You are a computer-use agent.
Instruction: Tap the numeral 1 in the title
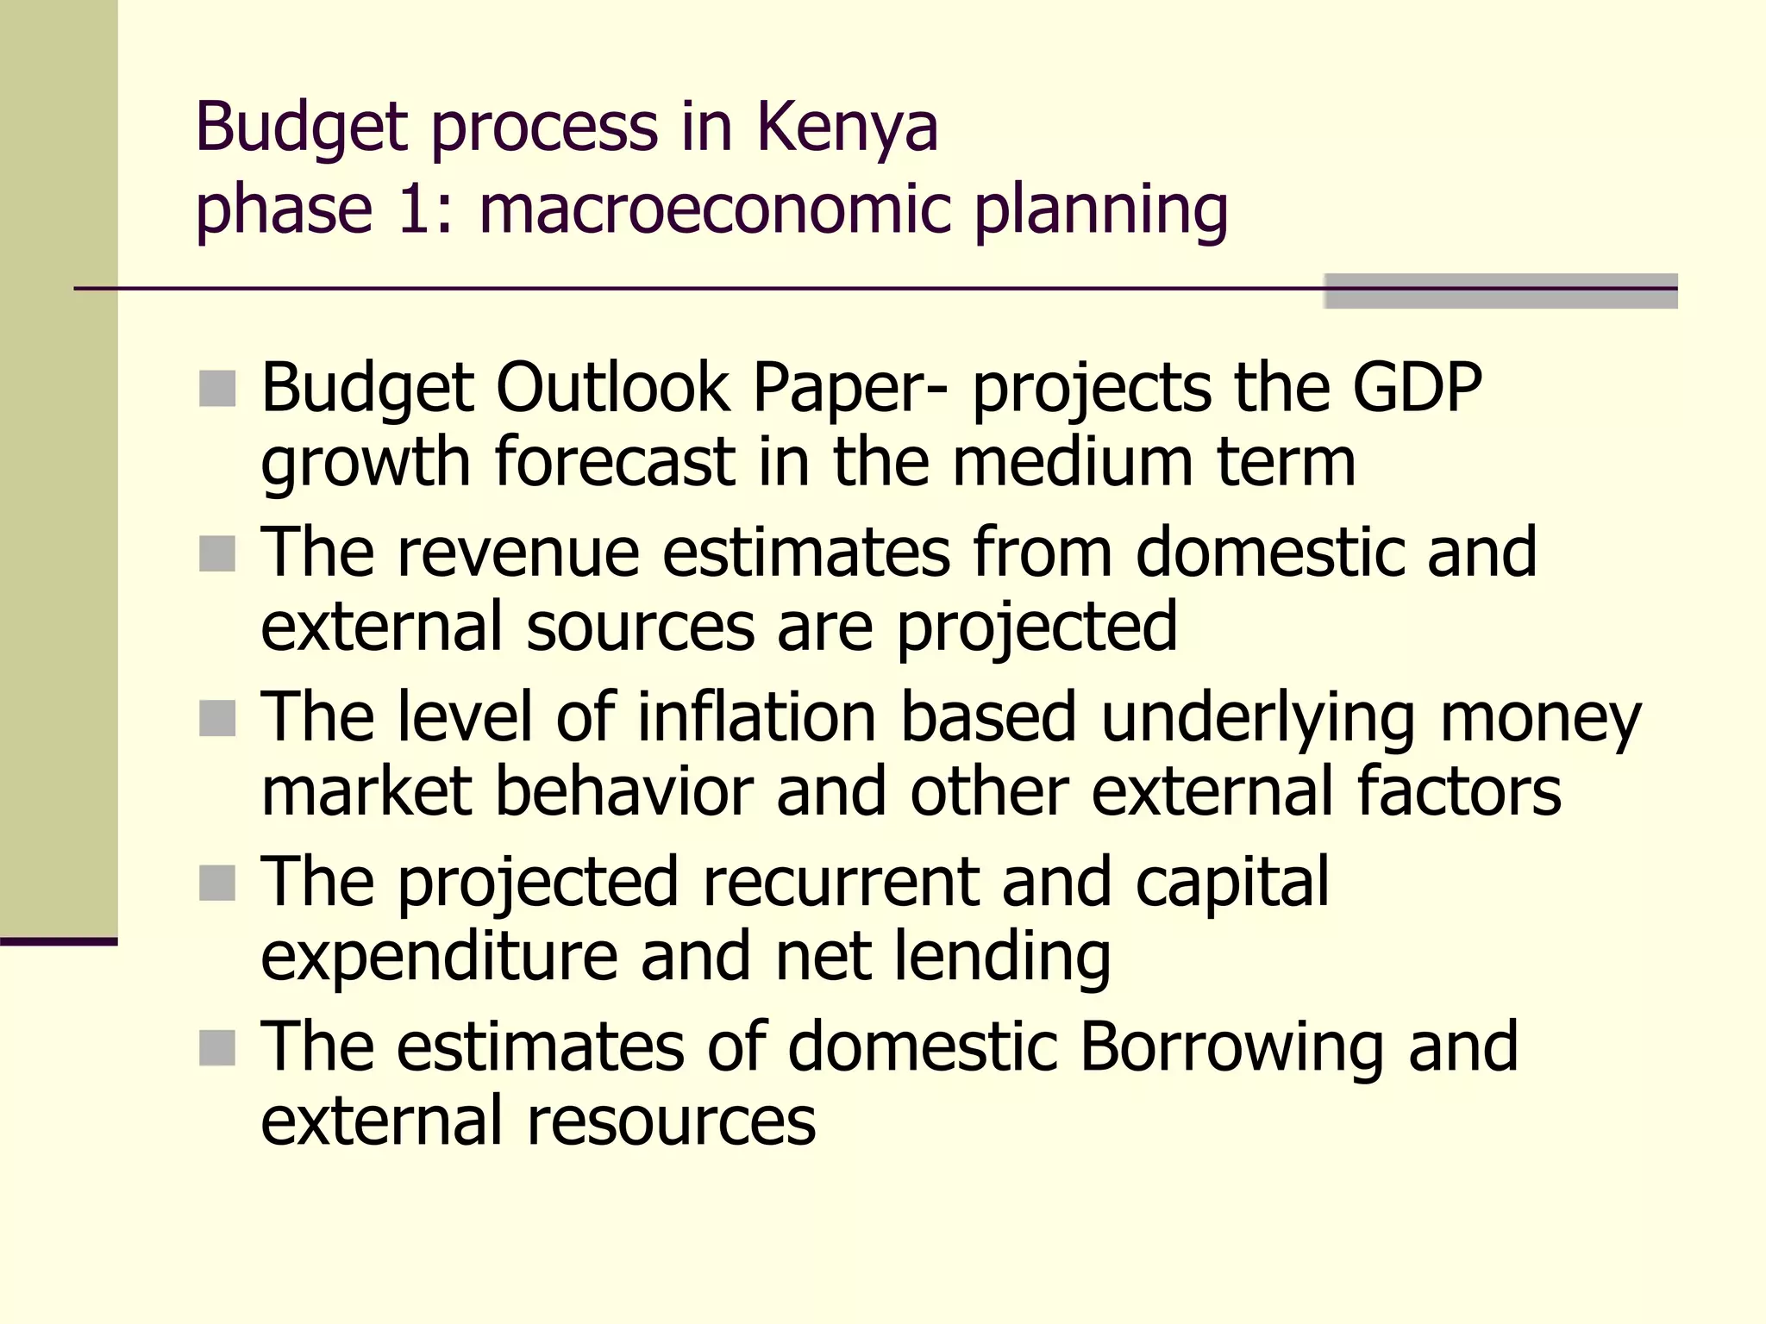pos(413,209)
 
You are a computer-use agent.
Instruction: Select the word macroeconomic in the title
pos(715,209)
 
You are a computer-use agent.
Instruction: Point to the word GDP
pos(1417,388)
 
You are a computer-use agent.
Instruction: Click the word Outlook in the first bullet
pos(613,388)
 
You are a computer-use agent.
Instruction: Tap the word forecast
pos(614,463)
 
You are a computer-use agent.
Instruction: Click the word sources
pos(641,628)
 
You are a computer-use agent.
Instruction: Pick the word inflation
pos(756,717)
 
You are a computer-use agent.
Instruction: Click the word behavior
pos(623,791)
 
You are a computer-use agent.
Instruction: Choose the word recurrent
pos(841,882)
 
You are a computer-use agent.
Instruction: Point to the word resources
pos(670,1121)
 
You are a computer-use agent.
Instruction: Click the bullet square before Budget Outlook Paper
pos(217,389)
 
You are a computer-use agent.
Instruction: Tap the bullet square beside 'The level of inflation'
pos(217,718)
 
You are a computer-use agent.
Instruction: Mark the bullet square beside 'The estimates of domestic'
pos(217,1048)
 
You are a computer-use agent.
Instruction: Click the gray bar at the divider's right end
pos(1500,290)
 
